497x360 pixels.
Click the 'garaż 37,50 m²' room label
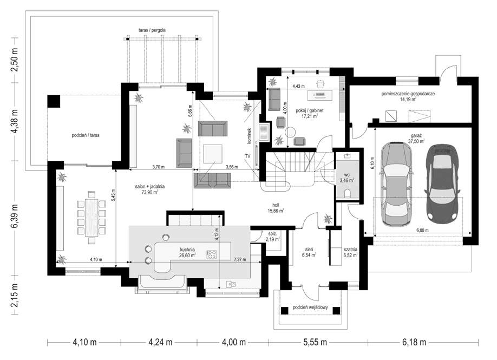[x=416, y=138]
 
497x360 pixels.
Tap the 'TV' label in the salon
[x=248, y=156]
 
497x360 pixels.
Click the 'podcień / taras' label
[x=83, y=135]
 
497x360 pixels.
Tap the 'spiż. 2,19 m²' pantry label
[x=272, y=236]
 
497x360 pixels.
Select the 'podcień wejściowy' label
[x=311, y=307]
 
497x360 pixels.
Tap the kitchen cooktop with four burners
[x=212, y=254]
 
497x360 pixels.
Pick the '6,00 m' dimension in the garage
[x=422, y=230]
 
